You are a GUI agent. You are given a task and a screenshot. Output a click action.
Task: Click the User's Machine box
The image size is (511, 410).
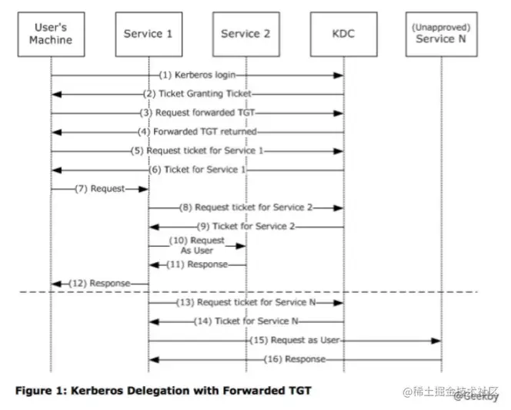(x=51, y=34)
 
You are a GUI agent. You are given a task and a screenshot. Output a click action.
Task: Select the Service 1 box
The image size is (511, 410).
(x=148, y=34)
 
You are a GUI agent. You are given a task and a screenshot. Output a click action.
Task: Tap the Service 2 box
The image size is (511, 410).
(x=245, y=34)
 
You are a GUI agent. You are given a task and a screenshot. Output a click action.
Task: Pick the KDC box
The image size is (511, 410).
(x=343, y=34)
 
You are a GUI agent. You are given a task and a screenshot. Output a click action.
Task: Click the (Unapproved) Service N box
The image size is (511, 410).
(x=441, y=34)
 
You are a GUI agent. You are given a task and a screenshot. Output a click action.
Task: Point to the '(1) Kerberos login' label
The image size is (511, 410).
(x=197, y=76)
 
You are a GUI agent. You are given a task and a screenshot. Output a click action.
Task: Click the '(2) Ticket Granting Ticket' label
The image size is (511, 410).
(x=202, y=93)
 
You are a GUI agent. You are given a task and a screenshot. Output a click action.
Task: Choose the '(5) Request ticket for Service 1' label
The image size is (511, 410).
(x=202, y=151)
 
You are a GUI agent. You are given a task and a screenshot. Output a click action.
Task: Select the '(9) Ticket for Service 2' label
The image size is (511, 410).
(x=247, y=227)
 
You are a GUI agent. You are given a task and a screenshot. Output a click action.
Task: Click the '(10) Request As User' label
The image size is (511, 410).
(x=197, y=245)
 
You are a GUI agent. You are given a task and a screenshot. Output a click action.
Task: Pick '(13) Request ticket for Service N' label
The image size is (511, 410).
(x=245, y=302)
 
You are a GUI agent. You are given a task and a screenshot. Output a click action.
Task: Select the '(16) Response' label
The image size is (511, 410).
(x=296, y=359)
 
